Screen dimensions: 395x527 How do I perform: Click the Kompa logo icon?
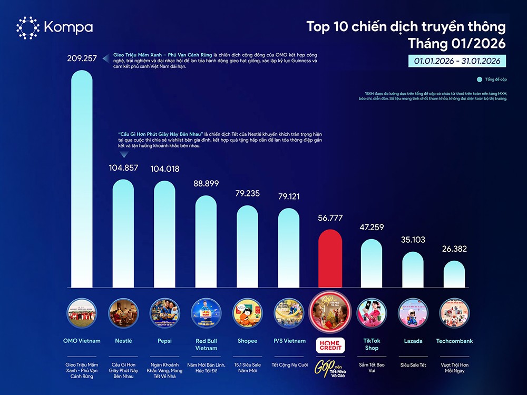[x=28, y=28]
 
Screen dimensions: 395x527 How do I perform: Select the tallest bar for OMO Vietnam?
[x=82, y=179]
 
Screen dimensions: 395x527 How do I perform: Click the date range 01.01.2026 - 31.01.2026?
[x=457, y=61]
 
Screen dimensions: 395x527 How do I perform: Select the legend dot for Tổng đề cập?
[x=479, y=80]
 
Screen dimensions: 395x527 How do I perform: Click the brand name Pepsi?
[x=164, y=341]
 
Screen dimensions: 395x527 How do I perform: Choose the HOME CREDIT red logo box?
[x=330, y=345]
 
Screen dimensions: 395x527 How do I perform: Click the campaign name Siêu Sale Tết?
[x=413, y=365]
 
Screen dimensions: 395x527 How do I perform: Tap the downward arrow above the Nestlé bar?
[x=123, y=154]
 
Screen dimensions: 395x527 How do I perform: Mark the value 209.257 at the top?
[x=82, y=58]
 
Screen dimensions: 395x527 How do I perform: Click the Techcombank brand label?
[x=454, y=341]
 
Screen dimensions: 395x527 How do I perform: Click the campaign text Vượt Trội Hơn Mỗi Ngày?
[x=454, y=368]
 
